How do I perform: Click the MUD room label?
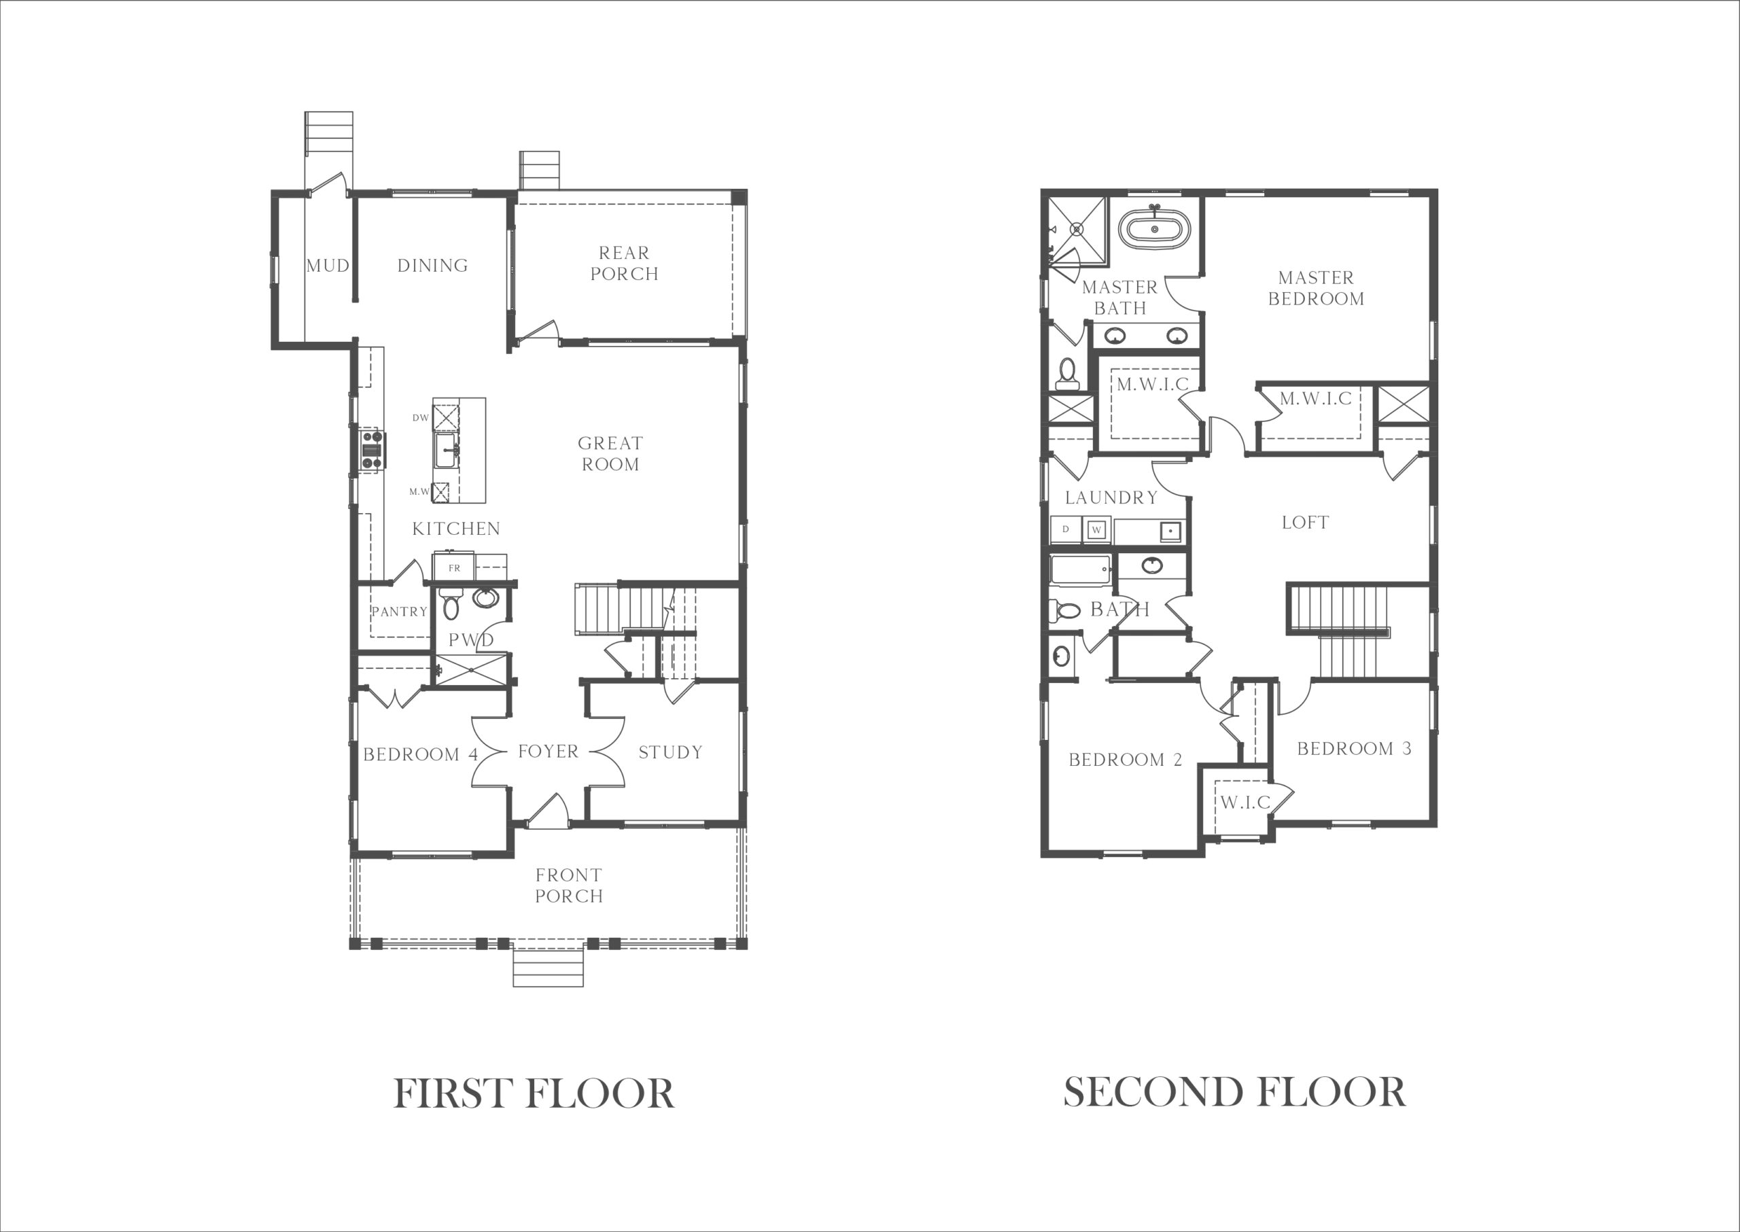tap(328, 266)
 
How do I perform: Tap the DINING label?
tap(432, 266)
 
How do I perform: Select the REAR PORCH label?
tap(625, 263)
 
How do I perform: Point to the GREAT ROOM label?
tap(610, 454)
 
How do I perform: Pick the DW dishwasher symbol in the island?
tap(445, 418)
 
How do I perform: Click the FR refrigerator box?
tap(454, 567)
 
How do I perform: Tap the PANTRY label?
tap(399, 612)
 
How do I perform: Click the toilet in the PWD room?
tap(451, 603)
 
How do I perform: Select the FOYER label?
tap(548, 752)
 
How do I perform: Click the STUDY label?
tap(670, 752)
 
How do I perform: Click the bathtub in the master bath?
tap(1154, 228)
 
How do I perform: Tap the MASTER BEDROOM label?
tap(1316, 288)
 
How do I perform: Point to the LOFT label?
tap(1305, 523)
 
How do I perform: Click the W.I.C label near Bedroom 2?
tap(1245, 802)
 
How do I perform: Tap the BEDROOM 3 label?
tap(1354, 749)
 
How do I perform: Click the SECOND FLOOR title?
tap(1234, 1093)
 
